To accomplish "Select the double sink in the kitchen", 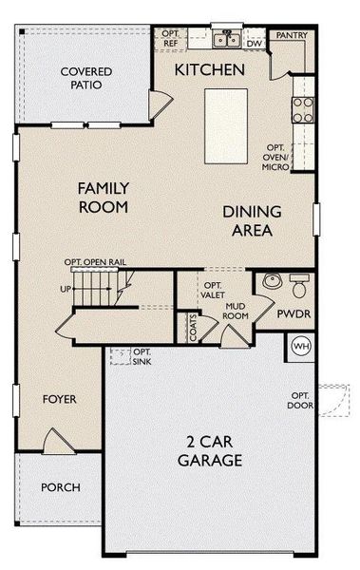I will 225,40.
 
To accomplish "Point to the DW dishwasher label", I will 254,44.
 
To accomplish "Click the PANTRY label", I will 289,35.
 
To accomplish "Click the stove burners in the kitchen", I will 302,110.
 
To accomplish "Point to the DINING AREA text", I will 248,221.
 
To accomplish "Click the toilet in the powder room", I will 298,284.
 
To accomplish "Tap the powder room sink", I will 270,281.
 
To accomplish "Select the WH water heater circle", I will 302,346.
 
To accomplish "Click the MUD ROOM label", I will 236,311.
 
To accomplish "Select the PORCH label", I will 60,487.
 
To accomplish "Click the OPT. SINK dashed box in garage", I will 120,356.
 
